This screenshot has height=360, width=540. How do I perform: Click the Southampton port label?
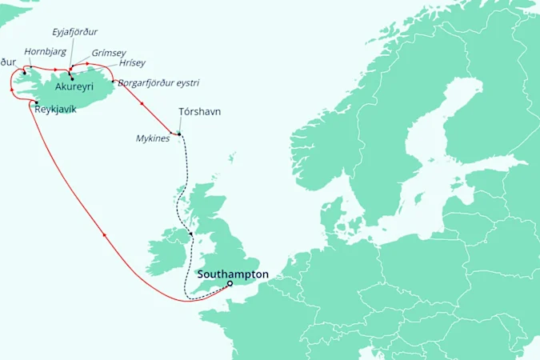tap(233, 274)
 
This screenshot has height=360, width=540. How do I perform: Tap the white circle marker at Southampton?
tap(230, 283)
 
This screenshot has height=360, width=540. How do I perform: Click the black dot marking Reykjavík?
tap(37, 102)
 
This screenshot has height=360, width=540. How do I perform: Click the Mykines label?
tap(153, 138)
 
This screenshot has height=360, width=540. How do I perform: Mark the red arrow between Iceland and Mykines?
tap(141, 102)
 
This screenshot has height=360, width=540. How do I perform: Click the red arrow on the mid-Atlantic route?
tap(105, 234)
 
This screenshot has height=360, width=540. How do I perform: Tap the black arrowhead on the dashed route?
tap(190, 234)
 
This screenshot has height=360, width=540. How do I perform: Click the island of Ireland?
tap(169, 248)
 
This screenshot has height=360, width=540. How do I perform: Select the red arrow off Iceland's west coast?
tap(11, 90)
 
